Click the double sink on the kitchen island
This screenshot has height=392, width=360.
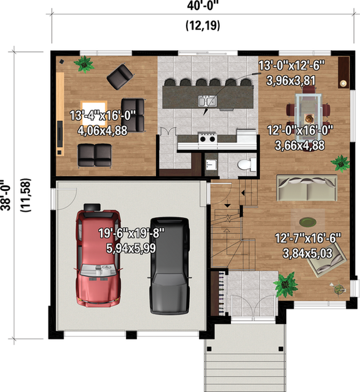[x=207, y=100]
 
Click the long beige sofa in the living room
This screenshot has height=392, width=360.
[x=307, y=188]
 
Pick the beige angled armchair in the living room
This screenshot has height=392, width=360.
[x=329, y=259]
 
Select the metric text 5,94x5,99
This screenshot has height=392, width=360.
[x=127, y=247]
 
